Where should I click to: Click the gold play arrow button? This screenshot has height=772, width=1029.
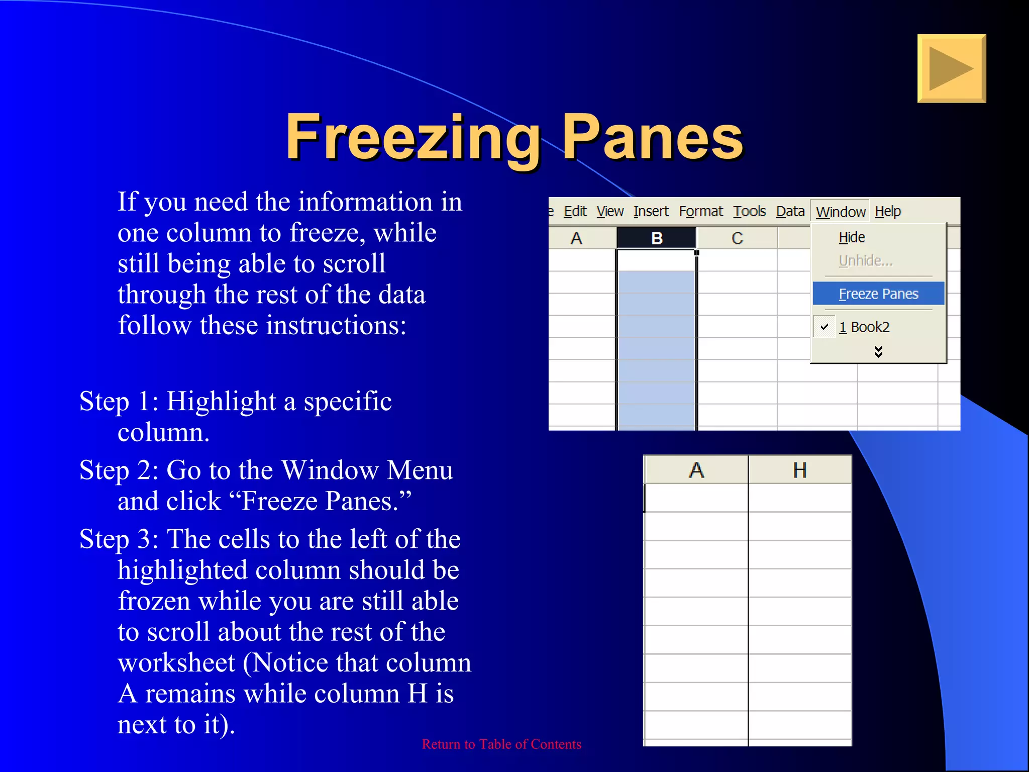coord(951,68)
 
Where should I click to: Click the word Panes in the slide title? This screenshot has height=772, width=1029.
coord(652,137)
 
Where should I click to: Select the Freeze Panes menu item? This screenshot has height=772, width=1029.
coord(878,294)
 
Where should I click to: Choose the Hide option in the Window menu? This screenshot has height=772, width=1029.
coord(852,237)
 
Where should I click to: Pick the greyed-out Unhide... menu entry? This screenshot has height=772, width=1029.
coord(865,261)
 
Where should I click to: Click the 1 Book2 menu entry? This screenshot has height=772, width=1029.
coord(864,327)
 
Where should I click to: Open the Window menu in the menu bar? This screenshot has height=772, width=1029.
coord(840,212)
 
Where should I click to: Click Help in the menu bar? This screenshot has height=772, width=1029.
coord(888,212)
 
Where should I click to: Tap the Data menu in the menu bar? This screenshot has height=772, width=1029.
coord(790,212)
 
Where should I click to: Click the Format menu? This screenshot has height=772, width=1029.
coord(700,212)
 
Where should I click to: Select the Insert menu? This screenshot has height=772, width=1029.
coord(651,212)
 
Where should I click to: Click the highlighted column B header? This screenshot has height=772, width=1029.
coord(656,238)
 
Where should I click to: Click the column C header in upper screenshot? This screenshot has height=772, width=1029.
coord(737,238)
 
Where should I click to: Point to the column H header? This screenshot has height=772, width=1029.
coord(799,470)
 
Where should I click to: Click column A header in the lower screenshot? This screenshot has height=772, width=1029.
coord(696,470)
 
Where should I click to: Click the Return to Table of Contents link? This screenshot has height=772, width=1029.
coord(501,744)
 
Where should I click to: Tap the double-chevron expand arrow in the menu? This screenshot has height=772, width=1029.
coord(878,351)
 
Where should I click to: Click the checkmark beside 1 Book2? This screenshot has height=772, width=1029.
coord(824,327)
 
